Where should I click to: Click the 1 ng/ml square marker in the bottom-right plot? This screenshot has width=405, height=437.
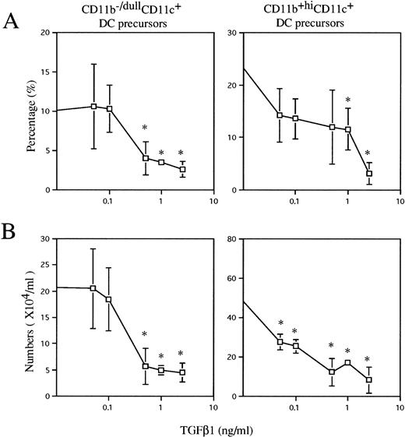point(347,363)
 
